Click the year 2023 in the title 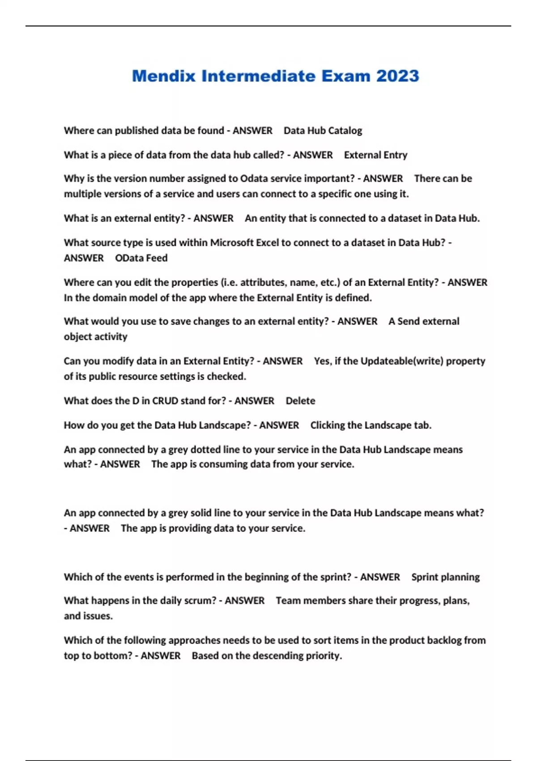[x=397, y=76]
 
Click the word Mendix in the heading [x=164, y=76]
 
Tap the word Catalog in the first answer [x=345, y=131]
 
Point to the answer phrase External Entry [x=375, y=155]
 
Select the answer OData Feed [x=141, y=258]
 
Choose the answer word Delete [x=300, y=401]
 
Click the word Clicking [x=328, y=425]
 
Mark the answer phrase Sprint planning [x=445, y=577]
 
